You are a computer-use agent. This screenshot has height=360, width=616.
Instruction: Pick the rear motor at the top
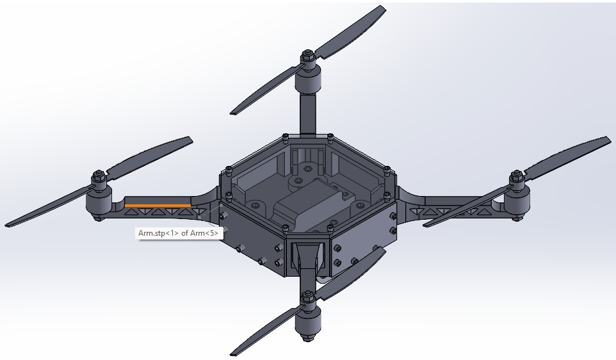[x=308, y=80]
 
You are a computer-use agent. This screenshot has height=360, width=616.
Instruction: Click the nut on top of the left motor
[x=99, y=176]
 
